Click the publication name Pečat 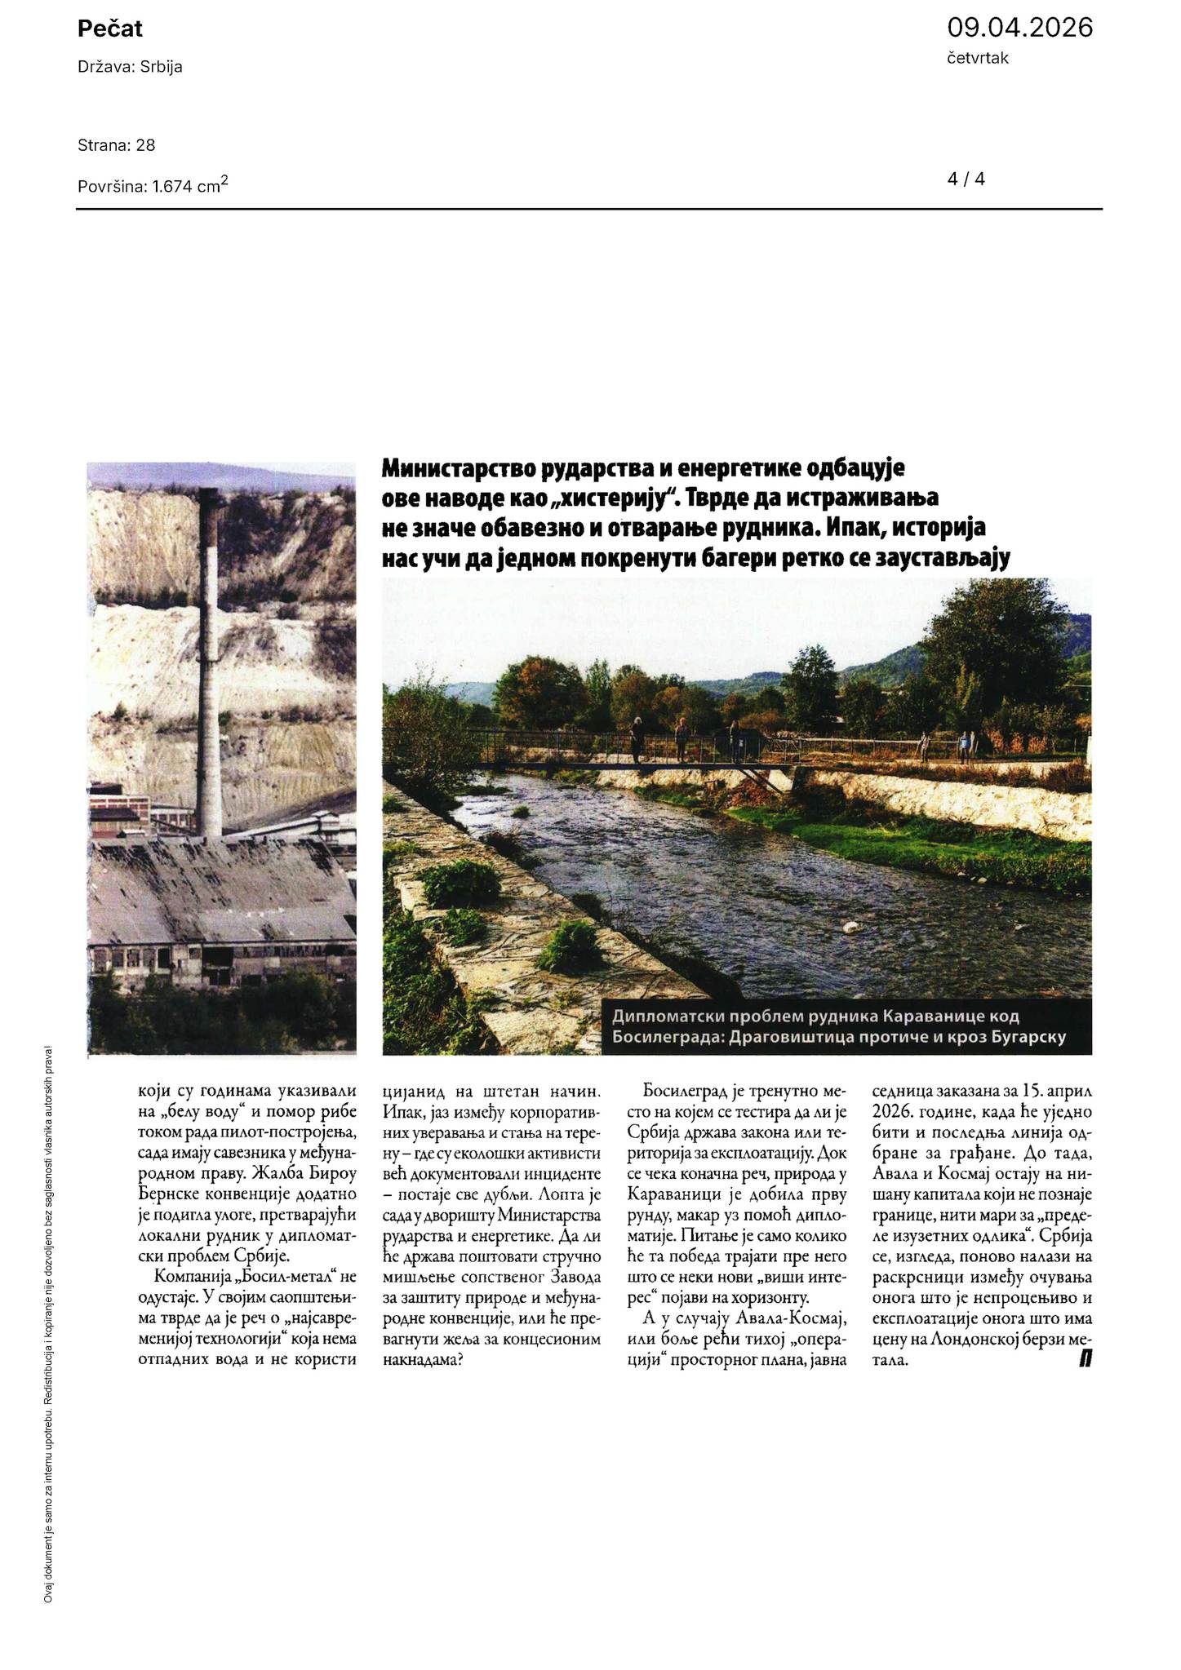point(110,29)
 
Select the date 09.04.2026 point(1019,28)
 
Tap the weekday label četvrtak point(978,58)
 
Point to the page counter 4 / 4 point(966,179)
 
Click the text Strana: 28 point(117,145)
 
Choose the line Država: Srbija point(130,67)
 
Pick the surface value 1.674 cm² point(190,185)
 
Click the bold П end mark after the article point(1086,1358)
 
